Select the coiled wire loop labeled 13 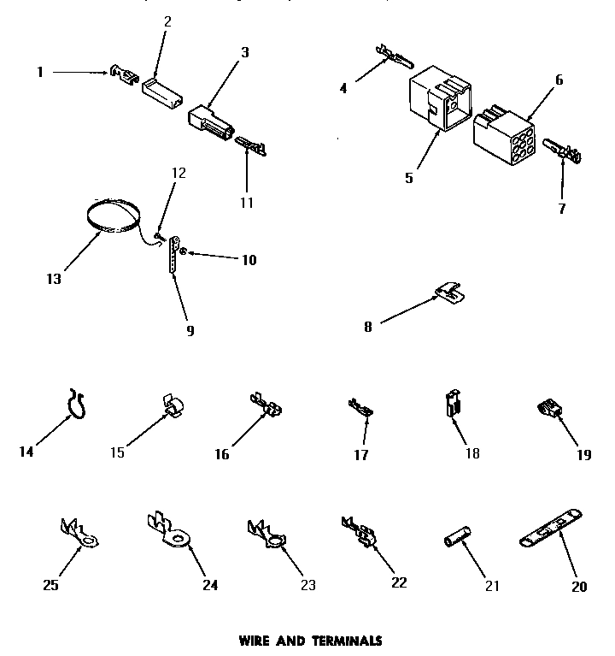(114, 215)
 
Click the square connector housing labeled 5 (441, 102)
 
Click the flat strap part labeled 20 (552, 527)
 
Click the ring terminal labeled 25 (79, 533)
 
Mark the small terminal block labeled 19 (548, 411)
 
